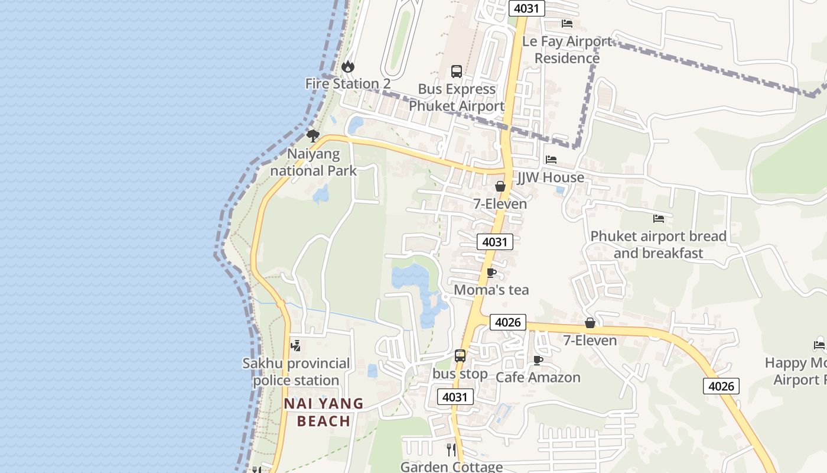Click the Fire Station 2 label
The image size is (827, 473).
pos(347,84)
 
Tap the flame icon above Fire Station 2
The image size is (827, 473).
pos(348,66)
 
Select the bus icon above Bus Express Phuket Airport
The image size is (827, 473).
pos(457,72)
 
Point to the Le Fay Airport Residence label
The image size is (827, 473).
pos(567,50)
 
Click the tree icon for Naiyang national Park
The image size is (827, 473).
pos(313,137)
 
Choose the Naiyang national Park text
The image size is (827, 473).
pos(314,163)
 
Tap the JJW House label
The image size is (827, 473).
pos(551,177)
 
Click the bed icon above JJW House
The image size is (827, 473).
pos(551,160)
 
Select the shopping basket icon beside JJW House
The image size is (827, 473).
pos(500,186)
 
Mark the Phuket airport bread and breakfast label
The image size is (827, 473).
pos(659,245)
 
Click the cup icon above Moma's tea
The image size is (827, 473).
pos(491,273)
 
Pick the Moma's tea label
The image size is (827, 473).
pos(491,290)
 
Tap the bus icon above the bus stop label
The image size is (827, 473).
pos(460,356)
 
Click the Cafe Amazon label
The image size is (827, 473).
pos(538,377)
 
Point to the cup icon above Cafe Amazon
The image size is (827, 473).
pos(538,360)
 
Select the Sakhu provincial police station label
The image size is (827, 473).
pos(297,371)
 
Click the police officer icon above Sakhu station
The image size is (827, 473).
pos(296,346)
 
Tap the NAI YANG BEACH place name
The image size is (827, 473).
pos(324,412)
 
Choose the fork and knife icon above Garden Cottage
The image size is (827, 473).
pos(452,450)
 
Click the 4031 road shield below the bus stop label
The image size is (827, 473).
pos(455,397)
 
